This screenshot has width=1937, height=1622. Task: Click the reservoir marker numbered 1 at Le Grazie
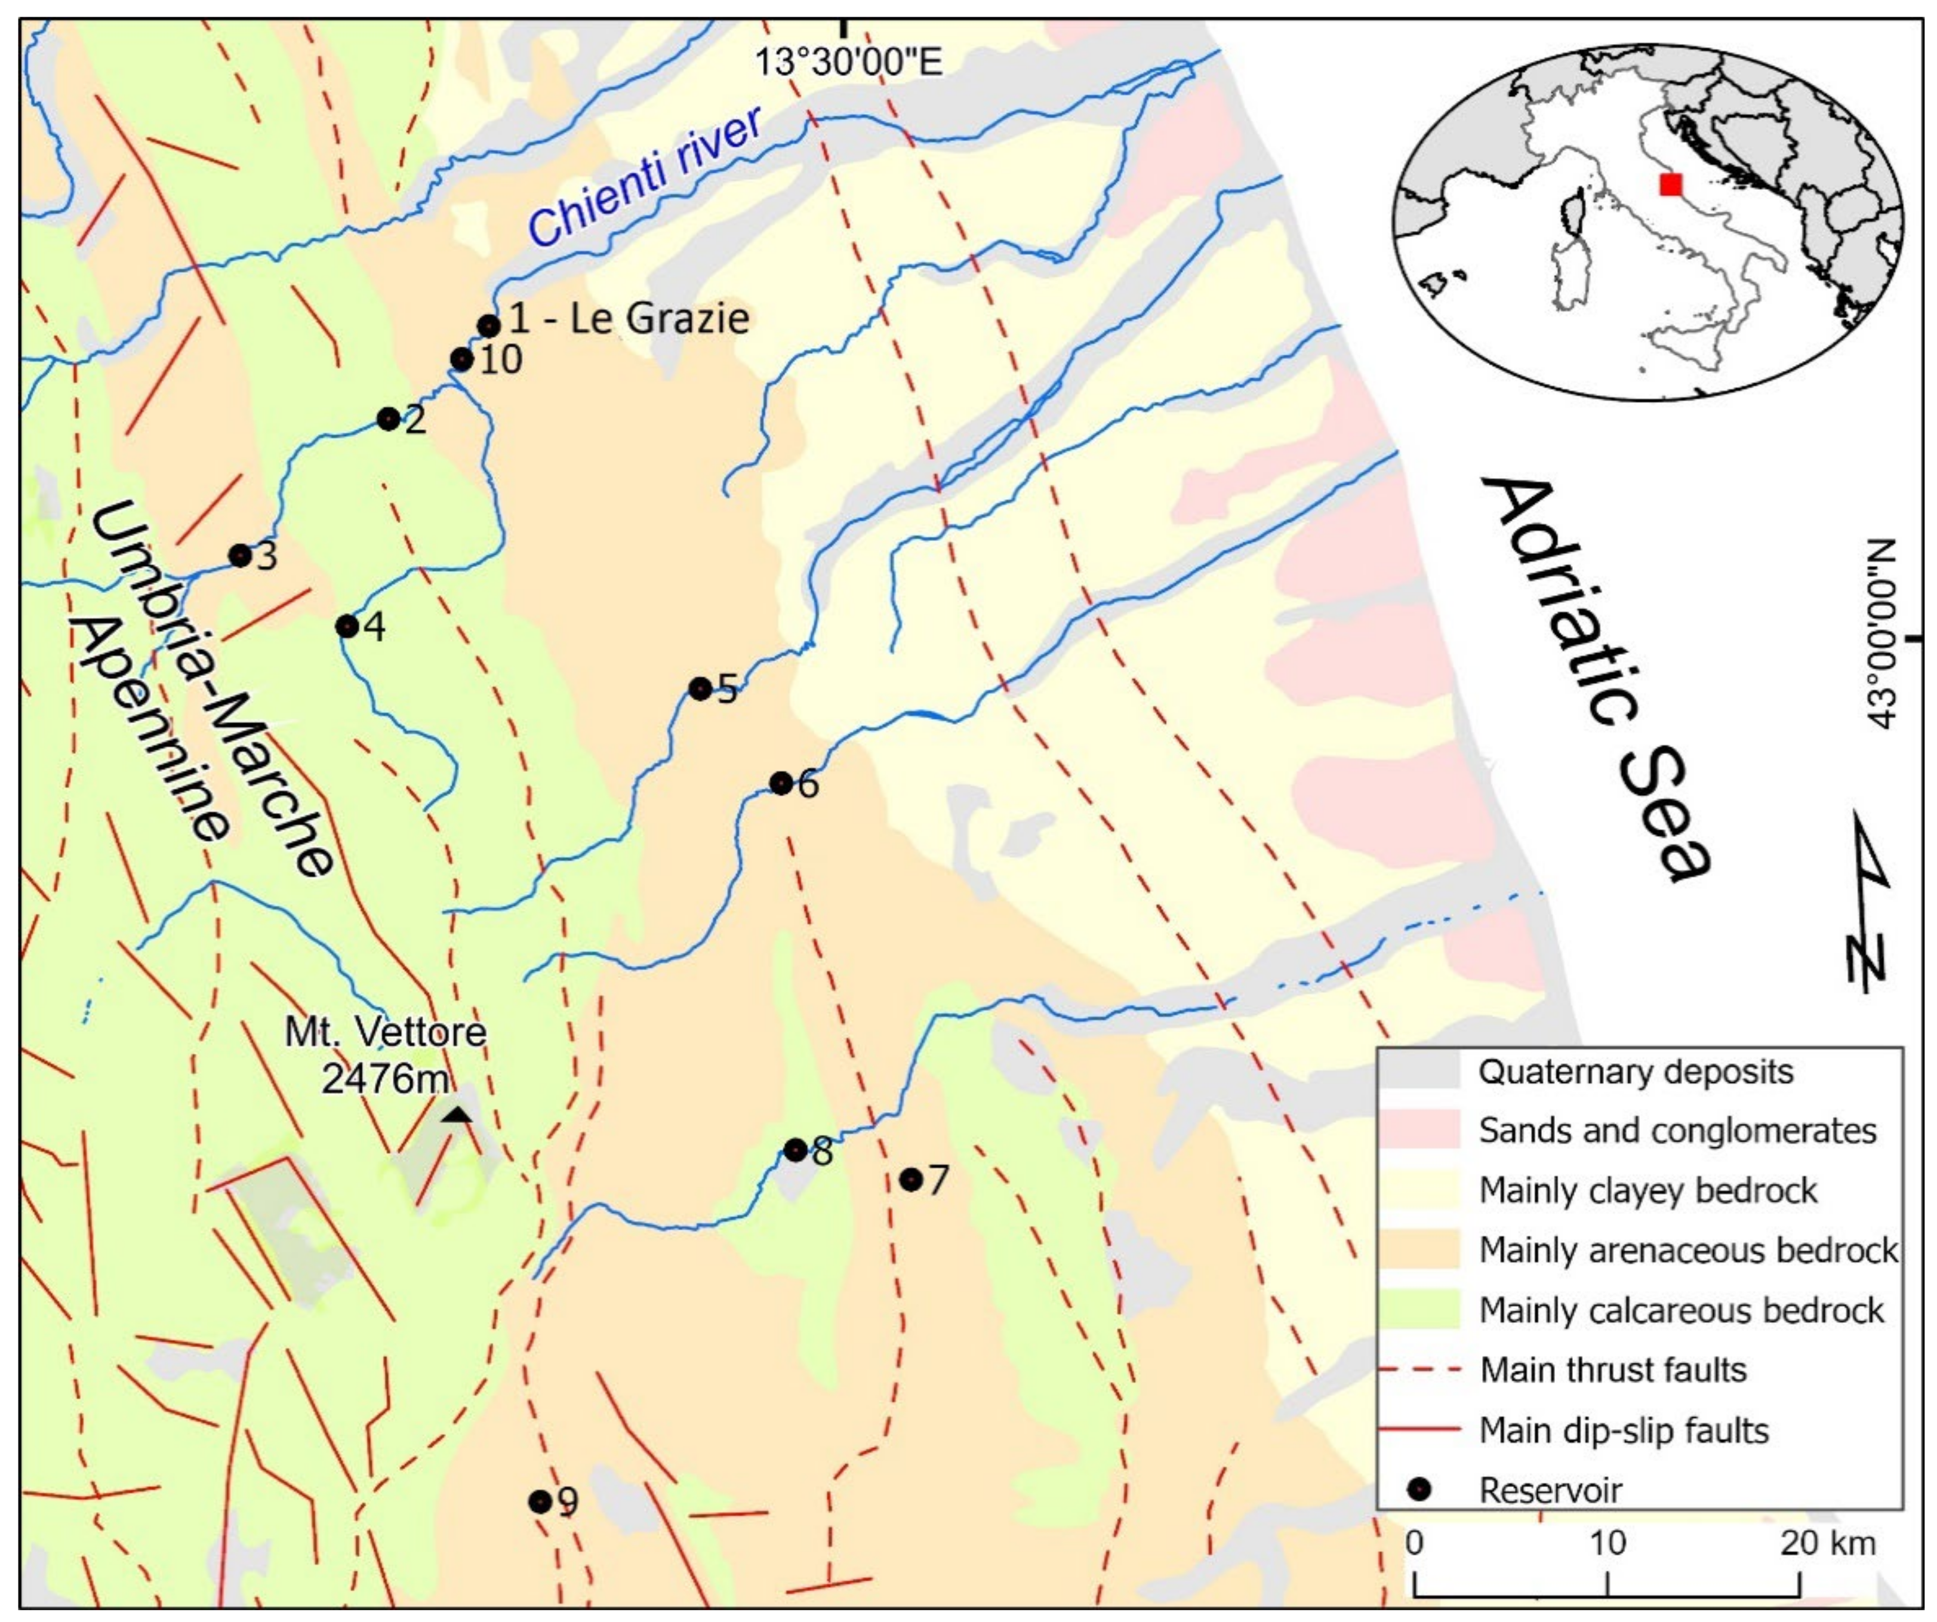click(x=489, y=326)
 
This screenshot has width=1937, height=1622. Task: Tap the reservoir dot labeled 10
click(x=462, y=360)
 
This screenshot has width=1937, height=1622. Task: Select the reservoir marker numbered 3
click(x=240, y=555)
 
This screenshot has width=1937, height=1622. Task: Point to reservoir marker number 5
click(x=700, y=688)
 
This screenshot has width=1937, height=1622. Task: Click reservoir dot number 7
click(x=910, y=1179)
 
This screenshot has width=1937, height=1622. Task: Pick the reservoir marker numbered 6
click(x=780, y=783)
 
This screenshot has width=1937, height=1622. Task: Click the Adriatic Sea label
click(x=1596, y=678)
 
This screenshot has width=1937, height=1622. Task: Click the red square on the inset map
click(x=1670, y=184)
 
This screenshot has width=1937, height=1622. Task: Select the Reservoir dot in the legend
click(x=1421, y=1489)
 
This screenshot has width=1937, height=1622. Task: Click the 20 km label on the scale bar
click(x=1827, y=1543)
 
